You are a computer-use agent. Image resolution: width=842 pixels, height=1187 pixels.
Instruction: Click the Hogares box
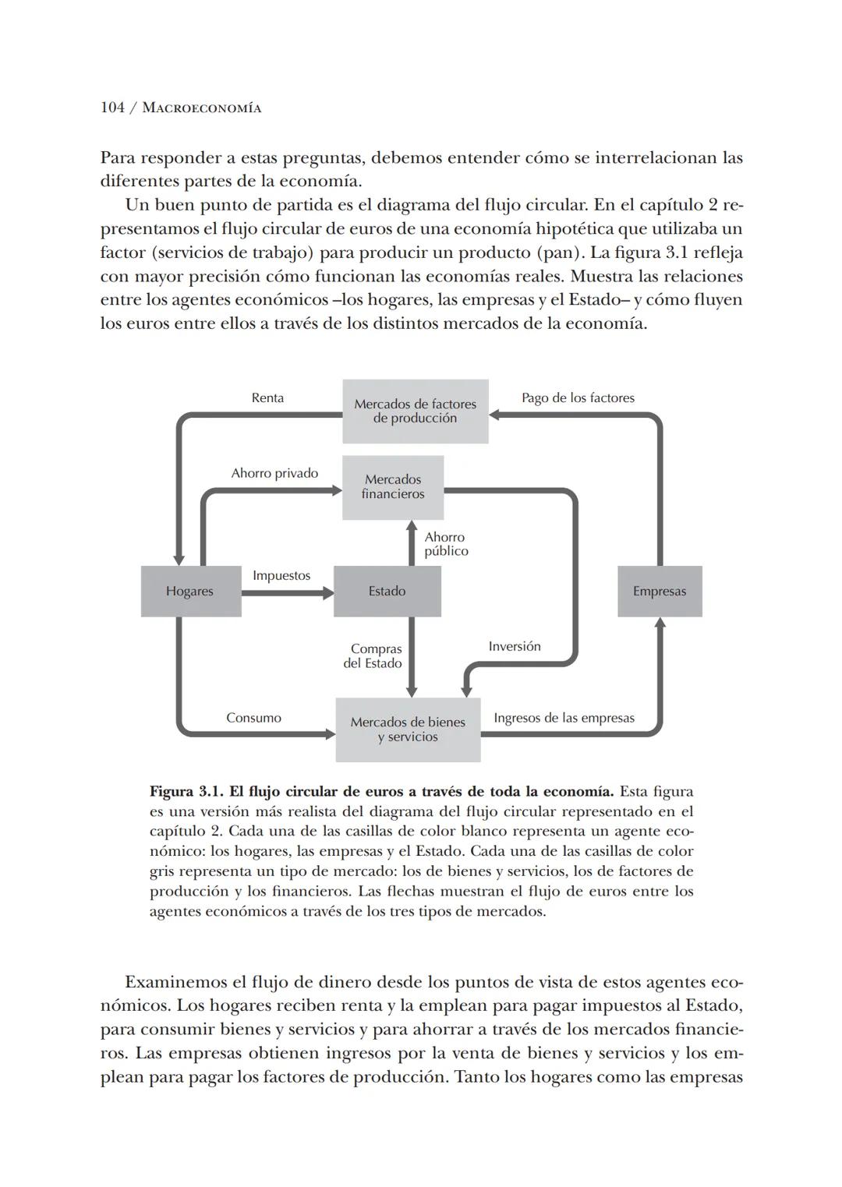190,592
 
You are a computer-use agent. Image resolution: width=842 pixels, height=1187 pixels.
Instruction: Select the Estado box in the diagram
387,592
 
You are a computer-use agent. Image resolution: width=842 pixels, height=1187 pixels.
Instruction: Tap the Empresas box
660,592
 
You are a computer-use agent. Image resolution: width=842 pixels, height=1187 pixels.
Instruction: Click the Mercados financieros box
393,487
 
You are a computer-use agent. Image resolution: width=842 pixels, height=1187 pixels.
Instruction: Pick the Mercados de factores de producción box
415,412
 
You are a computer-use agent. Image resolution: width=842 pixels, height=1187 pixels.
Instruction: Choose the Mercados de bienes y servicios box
408,730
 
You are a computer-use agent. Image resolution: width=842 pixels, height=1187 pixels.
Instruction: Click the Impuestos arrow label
281,576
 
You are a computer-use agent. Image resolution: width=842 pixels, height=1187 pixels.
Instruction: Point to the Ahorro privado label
274,473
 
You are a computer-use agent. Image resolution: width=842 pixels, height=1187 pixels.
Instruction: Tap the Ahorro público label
446,544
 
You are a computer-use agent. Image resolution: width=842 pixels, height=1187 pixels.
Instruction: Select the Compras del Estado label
373,656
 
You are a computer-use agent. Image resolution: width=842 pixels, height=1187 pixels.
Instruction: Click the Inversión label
514,646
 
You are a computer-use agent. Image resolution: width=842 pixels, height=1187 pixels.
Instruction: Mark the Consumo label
253,718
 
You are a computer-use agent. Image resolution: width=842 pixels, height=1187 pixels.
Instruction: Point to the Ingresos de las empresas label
564,718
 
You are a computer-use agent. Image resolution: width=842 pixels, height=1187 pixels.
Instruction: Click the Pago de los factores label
578,398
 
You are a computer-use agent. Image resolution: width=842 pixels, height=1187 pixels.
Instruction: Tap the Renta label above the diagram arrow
267,398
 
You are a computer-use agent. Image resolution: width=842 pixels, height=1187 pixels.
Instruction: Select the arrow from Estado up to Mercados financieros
412,543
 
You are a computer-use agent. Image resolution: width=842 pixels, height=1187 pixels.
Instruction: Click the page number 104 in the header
113,108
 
